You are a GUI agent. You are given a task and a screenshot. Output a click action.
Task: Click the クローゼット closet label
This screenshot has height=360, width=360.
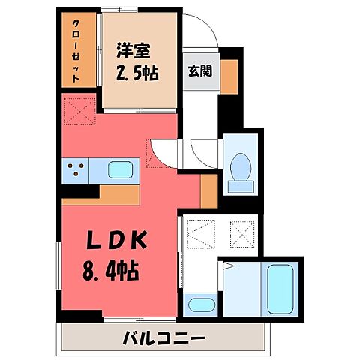[78, 50]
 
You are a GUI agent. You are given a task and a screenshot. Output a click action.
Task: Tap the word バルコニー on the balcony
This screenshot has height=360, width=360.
[163, 337]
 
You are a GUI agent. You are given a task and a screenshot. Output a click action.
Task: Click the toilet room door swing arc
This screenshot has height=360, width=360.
[204, 154]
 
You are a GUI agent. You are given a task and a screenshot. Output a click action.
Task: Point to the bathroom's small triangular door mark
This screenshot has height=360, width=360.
[229, 266]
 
